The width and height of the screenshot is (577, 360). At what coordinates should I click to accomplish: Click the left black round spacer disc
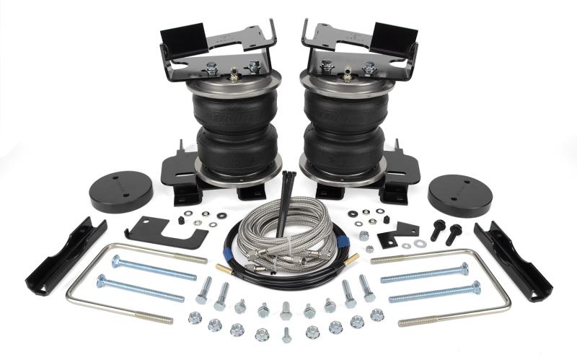tap(120, 191)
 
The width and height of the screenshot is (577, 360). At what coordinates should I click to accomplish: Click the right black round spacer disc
tap(459, 193)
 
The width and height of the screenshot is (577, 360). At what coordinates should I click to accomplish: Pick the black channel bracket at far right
tap(513, 260)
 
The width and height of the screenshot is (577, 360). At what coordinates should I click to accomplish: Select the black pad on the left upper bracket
tap(180, 36)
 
